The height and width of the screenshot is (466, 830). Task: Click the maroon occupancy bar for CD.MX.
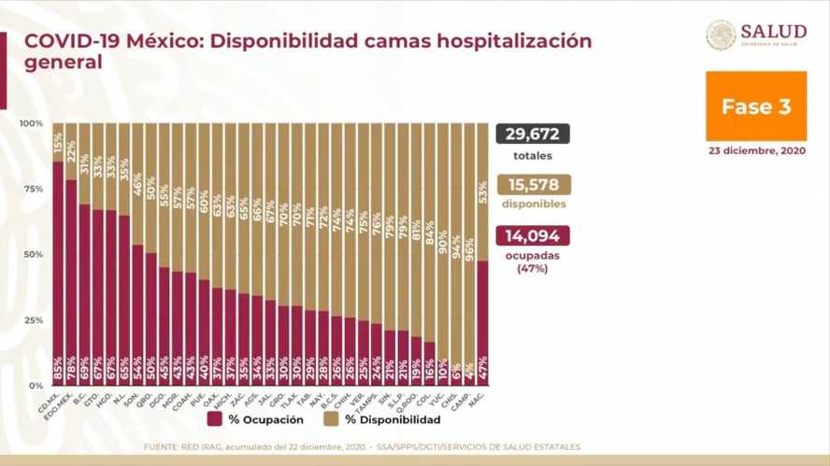click(58, 261)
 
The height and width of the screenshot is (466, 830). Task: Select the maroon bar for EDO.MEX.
click(71, 271)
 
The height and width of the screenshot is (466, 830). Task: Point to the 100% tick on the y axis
click(32, 123)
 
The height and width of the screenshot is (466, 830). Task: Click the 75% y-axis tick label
click(33, 189)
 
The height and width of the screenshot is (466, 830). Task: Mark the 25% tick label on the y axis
click(33, 320)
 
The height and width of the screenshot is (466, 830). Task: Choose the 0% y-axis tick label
click(36, 386)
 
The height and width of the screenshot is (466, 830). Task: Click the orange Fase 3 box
click(756, 106)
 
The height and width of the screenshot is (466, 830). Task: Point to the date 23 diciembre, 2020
click(756, 150)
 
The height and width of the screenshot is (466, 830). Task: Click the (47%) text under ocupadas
click(533, 268)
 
